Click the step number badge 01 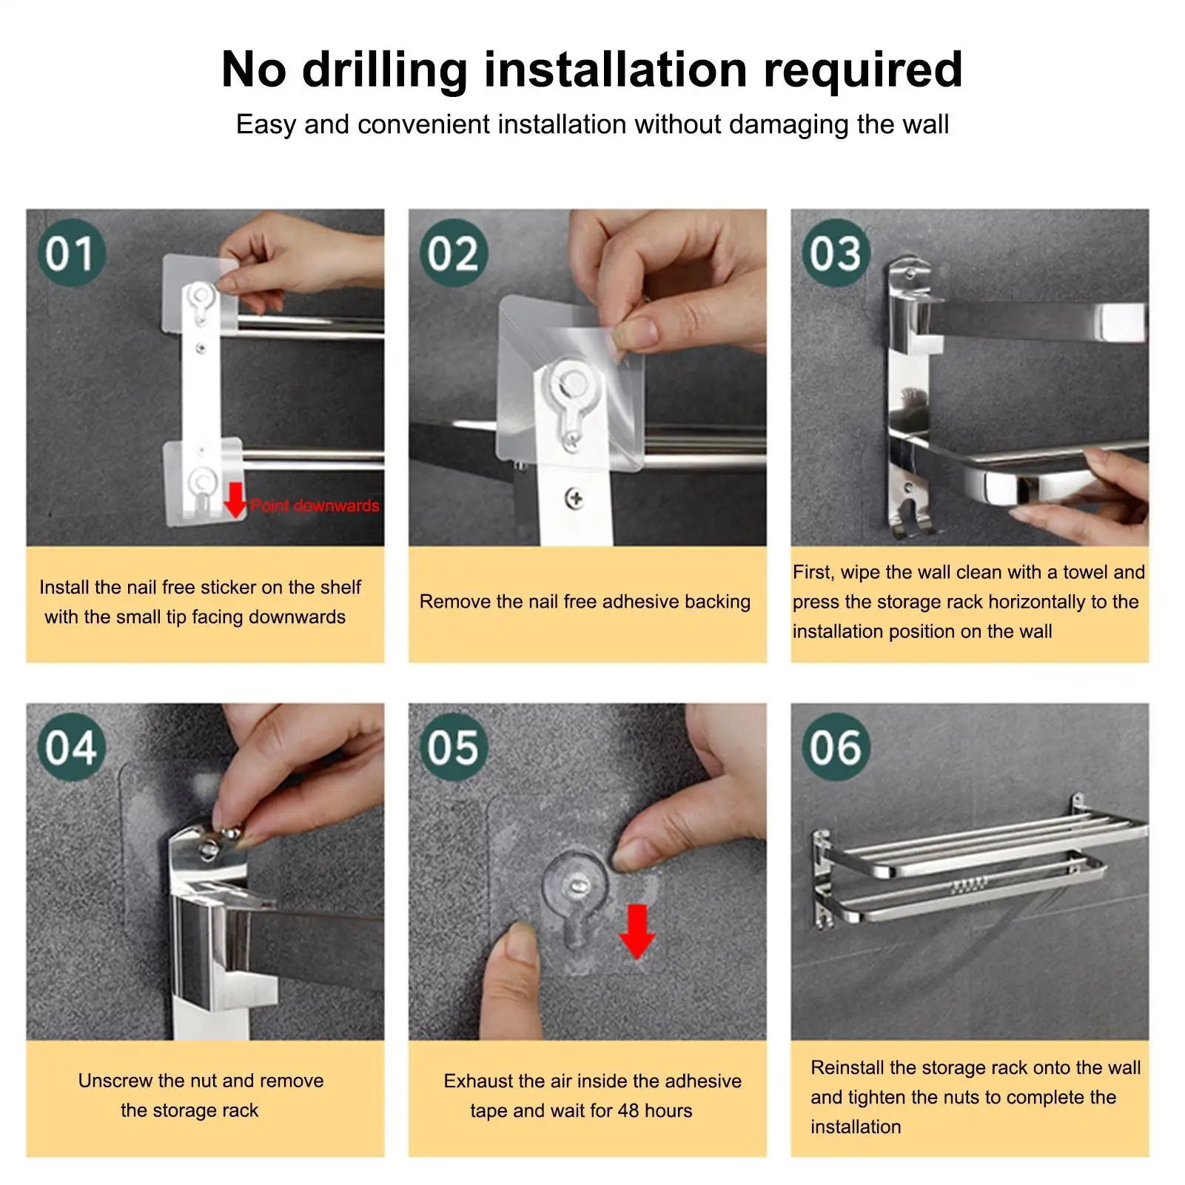(71, 253)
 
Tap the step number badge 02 (454, 253)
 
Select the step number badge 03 (836, 253)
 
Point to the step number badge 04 (71, 747)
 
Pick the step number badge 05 (454, 747)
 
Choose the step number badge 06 (836, 747)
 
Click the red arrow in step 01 (235, 500)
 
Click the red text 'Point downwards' (315, 506)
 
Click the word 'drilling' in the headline (385, 71)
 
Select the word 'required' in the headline (863, 71)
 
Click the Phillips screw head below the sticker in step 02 (574, 498)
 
